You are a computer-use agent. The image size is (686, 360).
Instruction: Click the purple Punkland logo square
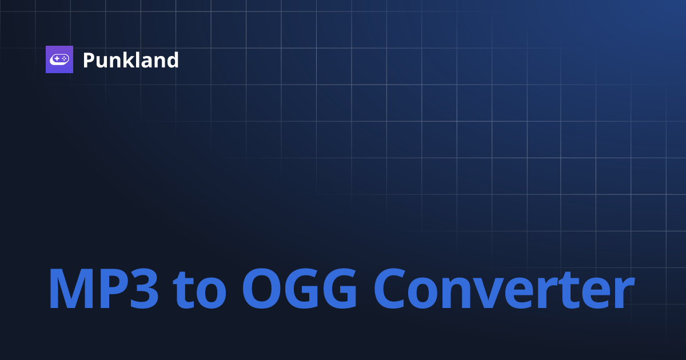(59, 59)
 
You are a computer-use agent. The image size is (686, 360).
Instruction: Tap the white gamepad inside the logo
(59, 59)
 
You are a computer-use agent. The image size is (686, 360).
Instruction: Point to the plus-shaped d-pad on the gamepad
(56, 59)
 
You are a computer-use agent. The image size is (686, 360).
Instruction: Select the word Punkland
(130, 60)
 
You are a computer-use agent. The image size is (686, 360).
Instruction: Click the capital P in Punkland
(89, 60)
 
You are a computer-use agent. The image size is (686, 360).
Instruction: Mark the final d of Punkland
(172, 60)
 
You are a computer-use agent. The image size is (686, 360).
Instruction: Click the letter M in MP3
(70, 289)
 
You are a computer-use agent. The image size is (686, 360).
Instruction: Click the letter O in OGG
(262, 289)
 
